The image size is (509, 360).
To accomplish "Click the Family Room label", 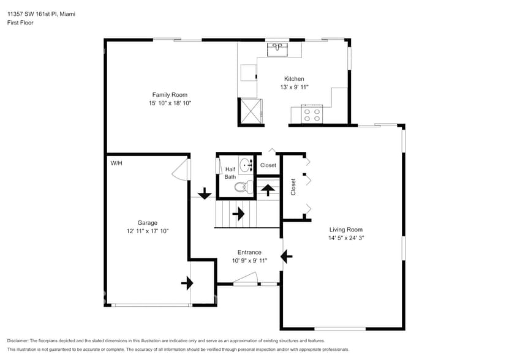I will [170, 94].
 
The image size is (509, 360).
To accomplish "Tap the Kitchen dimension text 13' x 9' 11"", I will [294, 87].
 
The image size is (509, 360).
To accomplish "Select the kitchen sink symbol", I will [277, 47].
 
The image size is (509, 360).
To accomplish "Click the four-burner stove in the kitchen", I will [312, 113].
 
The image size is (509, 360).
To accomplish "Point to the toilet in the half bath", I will [242, 187].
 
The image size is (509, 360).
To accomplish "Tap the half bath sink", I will [246, 165].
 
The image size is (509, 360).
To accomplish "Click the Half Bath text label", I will [230, 173].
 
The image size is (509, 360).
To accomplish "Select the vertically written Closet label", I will [293, 187].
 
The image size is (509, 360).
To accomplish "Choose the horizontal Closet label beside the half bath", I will [268, 165].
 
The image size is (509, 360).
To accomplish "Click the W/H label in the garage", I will [116, 163].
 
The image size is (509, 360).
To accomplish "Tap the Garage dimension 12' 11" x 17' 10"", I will [147, 231].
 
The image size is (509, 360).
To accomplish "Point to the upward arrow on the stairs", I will [268, 189].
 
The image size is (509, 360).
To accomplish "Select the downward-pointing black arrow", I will [203, 194].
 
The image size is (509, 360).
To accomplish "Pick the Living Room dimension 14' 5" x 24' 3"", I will [347, 238].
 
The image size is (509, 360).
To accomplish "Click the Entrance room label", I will [249, 252].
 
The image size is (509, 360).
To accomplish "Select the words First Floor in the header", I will [20, 23].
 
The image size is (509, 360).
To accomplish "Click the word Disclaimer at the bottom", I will [18, 340].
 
